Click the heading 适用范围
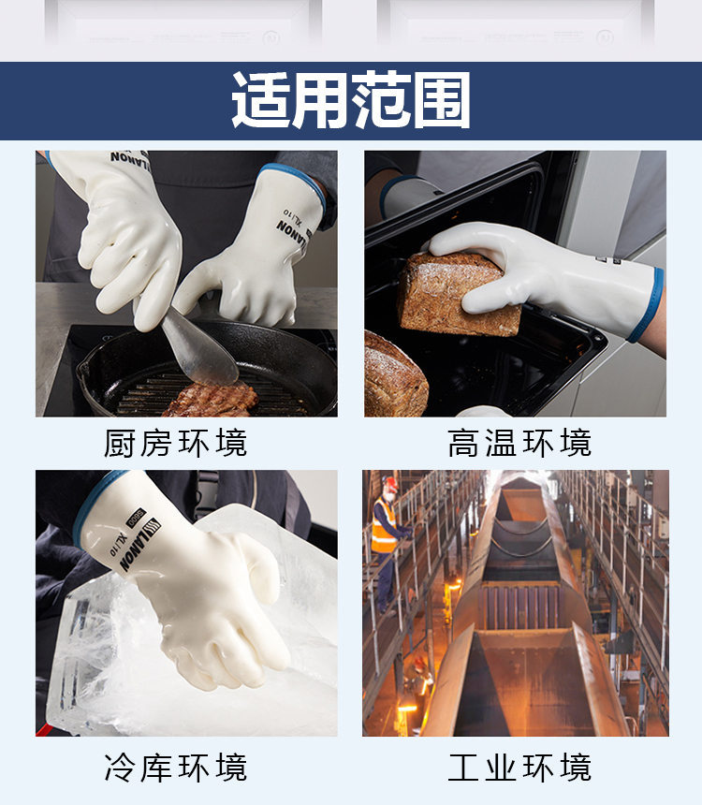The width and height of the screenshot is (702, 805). pos(351,100)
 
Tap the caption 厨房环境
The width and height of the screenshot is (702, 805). pos(176,443)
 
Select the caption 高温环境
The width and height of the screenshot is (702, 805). pos(519,443)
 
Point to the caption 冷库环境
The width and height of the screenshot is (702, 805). pos(176,768)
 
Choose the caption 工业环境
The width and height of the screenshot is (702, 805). pos(519,768)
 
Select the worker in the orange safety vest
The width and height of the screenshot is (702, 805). pos(387,544)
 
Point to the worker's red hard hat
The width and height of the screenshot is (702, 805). pos(391,483)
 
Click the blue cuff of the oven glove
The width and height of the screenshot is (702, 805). pos(646,305)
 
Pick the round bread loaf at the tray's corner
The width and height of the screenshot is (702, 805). pos(394,373)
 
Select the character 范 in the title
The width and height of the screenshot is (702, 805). pos(381,100)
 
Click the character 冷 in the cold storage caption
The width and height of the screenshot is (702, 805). pos(121,768)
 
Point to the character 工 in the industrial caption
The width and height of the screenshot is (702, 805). pos(464,768)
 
